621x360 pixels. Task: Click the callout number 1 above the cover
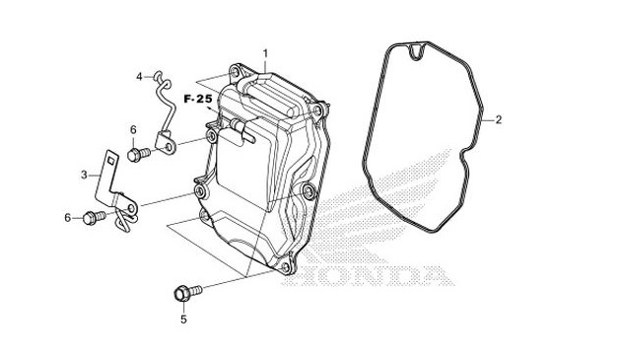coord(265,51)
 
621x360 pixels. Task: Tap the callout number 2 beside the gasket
coord(499,120)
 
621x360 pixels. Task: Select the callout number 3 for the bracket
coord(84,175)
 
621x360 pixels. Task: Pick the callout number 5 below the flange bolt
coord(183,320)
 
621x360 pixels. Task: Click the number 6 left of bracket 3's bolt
coord(68,217)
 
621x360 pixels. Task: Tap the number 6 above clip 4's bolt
coord(132,129)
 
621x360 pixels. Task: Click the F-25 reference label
coord(197,100)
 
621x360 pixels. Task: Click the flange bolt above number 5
coord(184,292)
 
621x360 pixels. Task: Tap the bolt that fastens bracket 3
coord(95,216)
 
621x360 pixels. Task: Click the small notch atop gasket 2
coord(418,45)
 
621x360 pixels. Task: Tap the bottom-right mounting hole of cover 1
coord(288,267)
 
